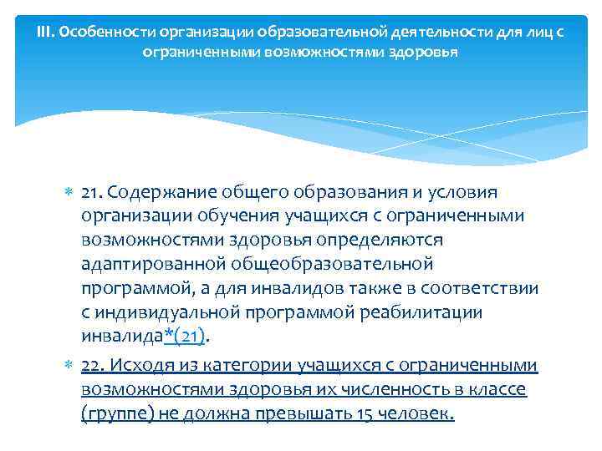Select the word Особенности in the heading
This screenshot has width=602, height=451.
(x=94, y=33)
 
